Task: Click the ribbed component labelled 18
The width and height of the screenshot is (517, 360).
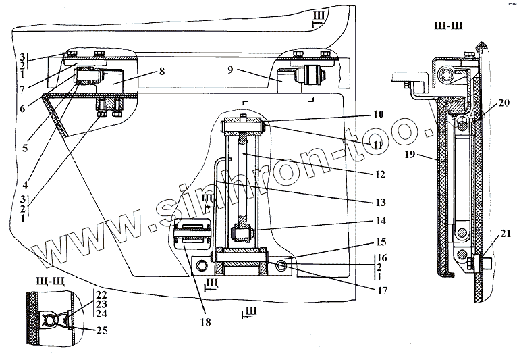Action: tap(193, 236)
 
